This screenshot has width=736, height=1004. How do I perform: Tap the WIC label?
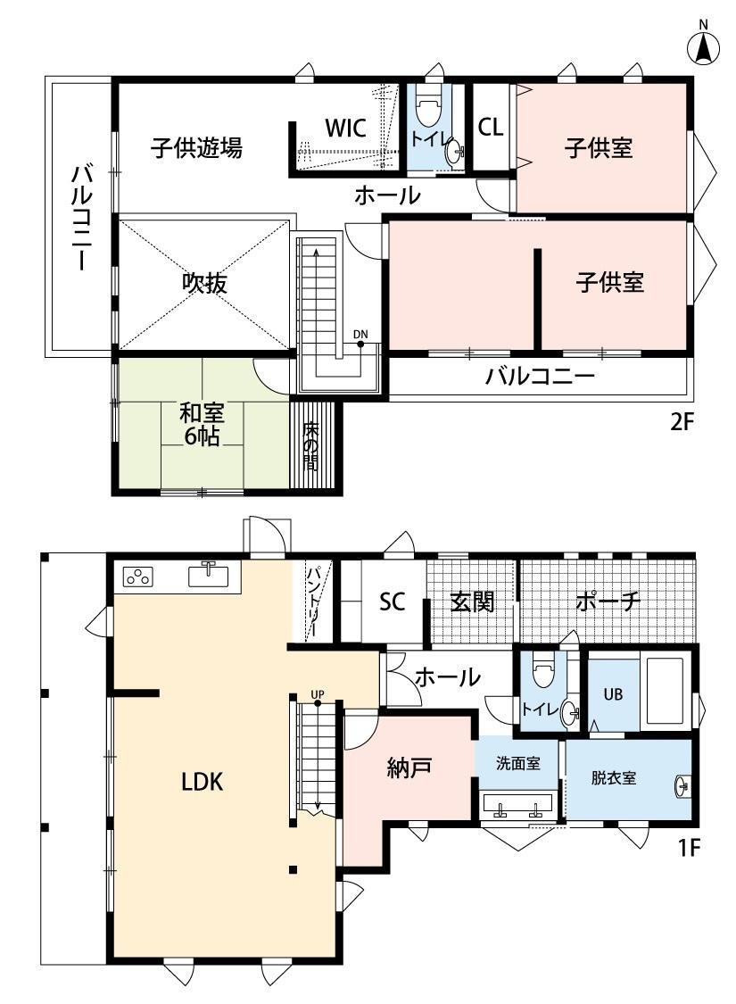click(345, 128)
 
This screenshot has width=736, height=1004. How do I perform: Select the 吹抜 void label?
click(205, 282)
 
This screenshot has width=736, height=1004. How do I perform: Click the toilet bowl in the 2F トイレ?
click(428, 108)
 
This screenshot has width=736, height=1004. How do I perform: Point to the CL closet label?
click(491, 127)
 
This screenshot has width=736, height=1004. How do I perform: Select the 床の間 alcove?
click(310, 445)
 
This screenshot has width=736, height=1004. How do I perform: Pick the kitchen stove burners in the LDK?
click(139, 577)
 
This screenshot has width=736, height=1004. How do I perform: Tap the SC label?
click(393, 602)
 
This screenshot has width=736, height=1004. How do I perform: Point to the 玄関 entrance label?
click(472, 602)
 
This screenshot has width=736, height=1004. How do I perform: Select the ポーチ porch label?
click(608, 602)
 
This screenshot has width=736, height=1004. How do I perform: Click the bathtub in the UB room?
click(666, 690)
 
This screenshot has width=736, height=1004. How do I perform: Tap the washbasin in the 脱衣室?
click(682, 786)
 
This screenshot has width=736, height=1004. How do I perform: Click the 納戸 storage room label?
click(409, 768)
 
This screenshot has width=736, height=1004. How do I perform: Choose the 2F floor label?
click(682, 422)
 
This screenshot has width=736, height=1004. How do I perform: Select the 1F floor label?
click(689, 847)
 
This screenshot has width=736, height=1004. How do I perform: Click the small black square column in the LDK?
click(293, 869)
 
